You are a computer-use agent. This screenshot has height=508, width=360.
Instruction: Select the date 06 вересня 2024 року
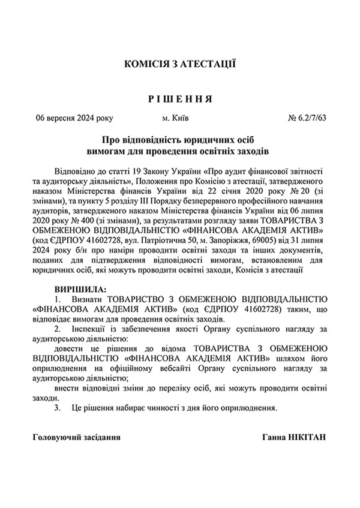point(75,118)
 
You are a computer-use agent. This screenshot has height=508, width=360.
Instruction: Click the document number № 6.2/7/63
point(307,118)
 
